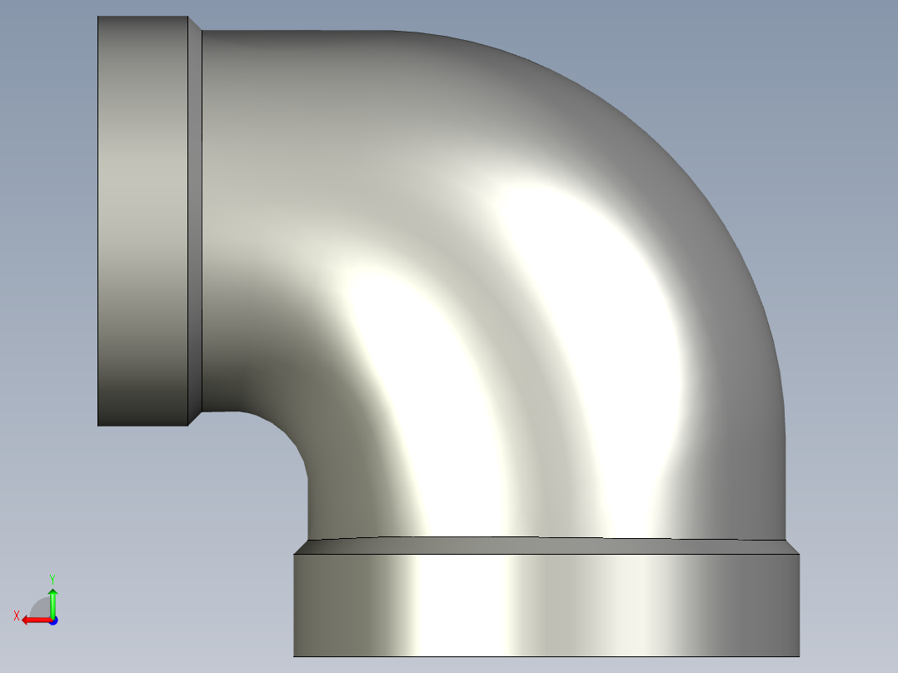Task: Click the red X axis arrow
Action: [37, 620]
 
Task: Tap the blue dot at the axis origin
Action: [53, 621]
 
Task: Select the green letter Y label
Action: [52, 579]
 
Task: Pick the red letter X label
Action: [17, 616]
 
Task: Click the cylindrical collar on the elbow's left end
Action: [142, 221]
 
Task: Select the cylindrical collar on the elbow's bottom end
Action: [546, 605]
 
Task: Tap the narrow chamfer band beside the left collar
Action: [195, 221]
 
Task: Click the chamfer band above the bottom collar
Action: [546, 546]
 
